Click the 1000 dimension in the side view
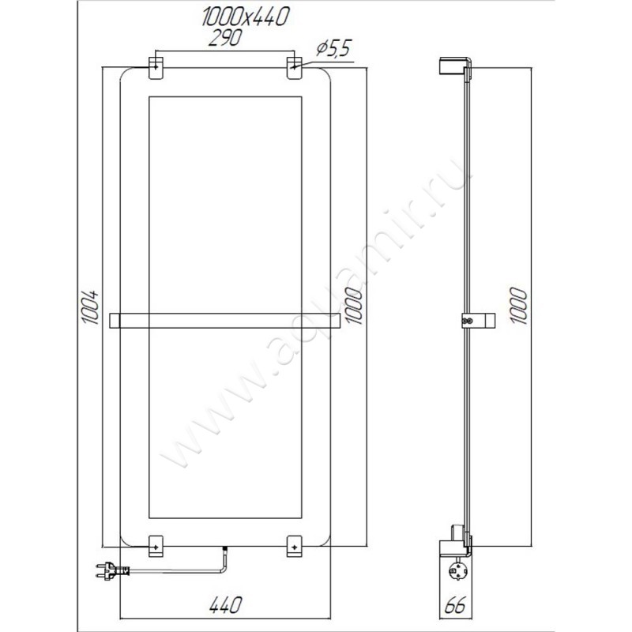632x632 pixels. click(519, 304)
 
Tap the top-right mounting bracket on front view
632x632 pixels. click(294, 67)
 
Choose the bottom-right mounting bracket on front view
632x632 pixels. click(294, 544)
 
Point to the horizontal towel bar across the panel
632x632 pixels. click(225, 320)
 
